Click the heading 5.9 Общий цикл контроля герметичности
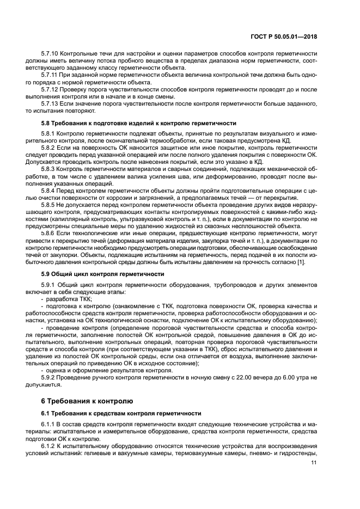tap(103, 275)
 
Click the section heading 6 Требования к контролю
tap(87, 402)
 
